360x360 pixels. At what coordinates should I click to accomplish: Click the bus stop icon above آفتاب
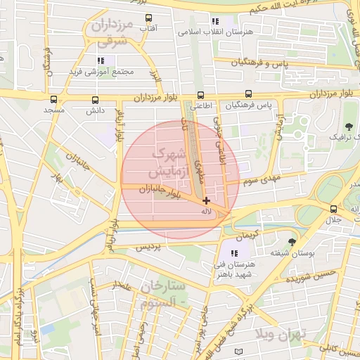click(148, 18)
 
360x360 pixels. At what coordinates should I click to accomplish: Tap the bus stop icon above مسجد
click(54, 100)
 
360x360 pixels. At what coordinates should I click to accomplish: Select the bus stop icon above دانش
click(95, 100)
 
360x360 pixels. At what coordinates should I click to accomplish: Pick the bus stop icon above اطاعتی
click(201, 94)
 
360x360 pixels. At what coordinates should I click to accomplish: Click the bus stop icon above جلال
click(333, 209)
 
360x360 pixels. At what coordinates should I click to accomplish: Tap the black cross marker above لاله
click(205, 201)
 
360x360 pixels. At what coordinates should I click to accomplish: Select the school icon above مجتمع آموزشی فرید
click(101, 60)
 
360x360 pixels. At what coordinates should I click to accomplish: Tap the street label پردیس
click(148, 247)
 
